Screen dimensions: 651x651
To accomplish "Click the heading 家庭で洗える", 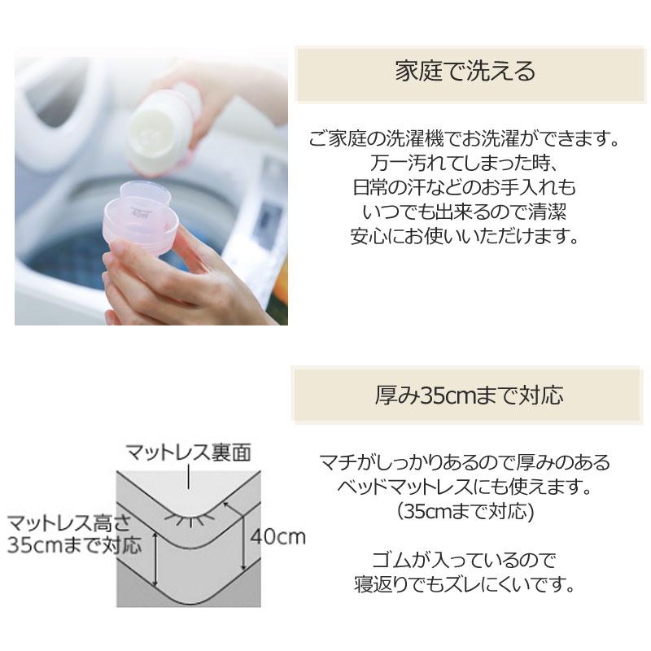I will (x=465, y=72).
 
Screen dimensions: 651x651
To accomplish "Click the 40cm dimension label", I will (x=277, y=536).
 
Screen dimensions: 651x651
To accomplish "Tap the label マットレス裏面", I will (x=186, y=450).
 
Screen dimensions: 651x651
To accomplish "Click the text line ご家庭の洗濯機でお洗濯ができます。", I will (x=465, y=139).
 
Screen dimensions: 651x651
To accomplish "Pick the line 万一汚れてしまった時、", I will (x=465, y=164).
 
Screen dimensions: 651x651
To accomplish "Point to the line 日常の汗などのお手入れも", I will (x=465, y=188).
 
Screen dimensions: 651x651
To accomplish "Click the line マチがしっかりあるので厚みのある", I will (x=465, y=463).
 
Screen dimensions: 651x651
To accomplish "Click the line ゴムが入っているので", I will (x=465, y=560).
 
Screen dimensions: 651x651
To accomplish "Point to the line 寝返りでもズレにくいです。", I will (x=465, y=584).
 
